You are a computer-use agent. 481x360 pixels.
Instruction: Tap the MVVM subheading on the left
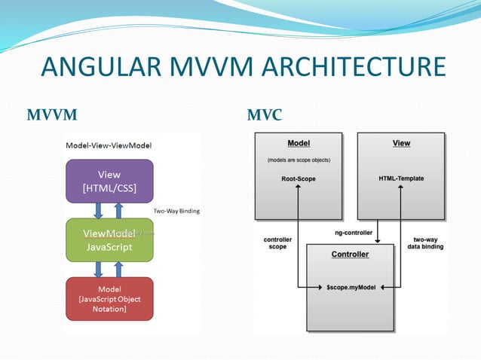52,115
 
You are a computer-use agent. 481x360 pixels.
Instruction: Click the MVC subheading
265,115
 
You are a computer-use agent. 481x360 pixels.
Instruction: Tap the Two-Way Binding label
176,211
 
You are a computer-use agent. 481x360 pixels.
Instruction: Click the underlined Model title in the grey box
299,143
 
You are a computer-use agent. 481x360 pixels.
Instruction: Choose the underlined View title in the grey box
402,143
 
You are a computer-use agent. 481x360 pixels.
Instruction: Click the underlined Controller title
350,254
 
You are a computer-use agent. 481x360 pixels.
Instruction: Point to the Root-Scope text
299,178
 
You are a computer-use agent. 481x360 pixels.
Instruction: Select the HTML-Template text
402,178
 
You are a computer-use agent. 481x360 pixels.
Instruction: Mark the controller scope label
278,243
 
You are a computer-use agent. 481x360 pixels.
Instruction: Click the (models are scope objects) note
299,160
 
